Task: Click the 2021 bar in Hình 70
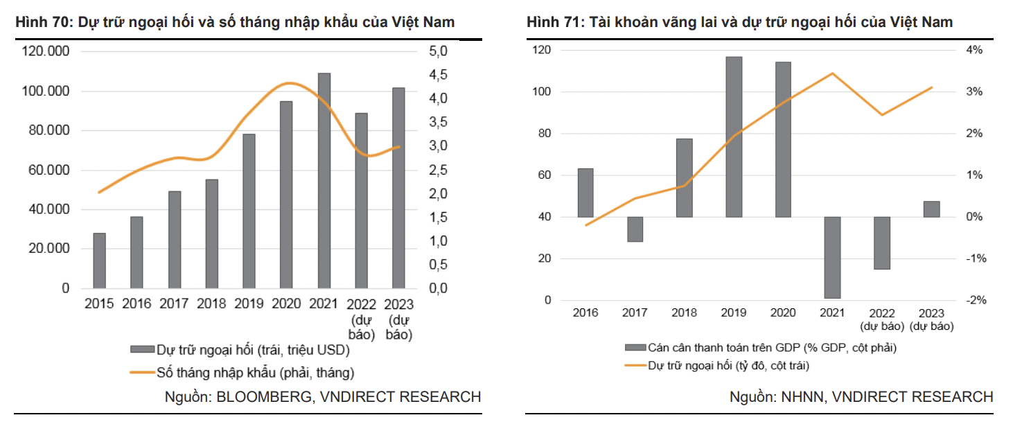324,180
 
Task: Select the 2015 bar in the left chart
100,261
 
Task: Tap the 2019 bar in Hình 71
734,137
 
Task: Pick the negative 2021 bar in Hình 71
833,257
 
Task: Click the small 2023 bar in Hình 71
931,209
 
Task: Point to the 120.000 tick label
46,52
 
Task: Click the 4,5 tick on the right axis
439,75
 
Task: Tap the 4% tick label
973,51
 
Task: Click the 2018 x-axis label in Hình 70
211,304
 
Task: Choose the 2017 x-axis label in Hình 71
635,313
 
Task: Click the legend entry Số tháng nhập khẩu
256,373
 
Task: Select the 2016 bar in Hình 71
585,193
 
